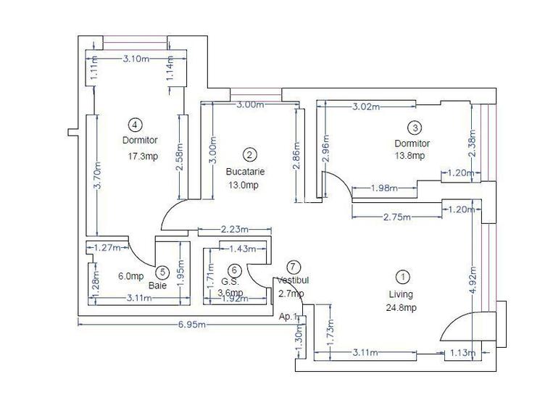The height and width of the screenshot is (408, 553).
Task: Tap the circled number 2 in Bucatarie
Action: tap(249, 154)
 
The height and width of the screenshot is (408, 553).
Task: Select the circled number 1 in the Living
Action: tap(400, 276)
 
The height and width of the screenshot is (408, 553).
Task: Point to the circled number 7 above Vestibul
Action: tap(293, 267)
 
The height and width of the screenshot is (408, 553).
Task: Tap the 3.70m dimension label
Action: tap(96, 175)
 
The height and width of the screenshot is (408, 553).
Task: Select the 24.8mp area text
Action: tap(400, 308)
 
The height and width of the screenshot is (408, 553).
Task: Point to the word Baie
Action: tap(157, 286)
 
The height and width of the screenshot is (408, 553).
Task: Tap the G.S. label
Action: tap(230, 281)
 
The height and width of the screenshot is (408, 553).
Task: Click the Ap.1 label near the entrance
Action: tap(288, 316)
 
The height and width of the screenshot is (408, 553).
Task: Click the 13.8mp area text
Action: tap(409, 155)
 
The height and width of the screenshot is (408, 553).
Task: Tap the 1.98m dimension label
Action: tap(383, 188)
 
